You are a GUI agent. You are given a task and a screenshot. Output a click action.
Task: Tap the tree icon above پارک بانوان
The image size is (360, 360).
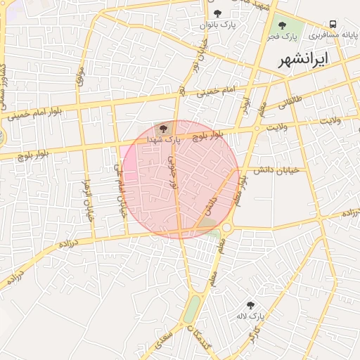pos(217,13)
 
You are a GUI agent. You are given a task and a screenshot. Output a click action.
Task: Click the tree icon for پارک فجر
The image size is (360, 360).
pos(282,25)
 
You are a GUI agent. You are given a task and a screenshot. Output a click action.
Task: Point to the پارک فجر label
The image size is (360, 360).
pos(282,37)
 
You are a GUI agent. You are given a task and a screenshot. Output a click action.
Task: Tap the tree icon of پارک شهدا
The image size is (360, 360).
pos(163,129)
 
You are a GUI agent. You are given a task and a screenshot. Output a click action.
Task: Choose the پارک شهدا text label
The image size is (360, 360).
pos(164,140)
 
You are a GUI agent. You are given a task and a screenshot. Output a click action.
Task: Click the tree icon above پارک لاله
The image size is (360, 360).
pos(250,304)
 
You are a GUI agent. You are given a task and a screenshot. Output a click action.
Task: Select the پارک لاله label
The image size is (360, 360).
pos(250,316)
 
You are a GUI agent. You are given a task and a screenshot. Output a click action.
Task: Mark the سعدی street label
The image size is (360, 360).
pos(164,341)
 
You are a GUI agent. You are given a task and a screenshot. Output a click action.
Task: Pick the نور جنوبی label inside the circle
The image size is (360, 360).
pos(172,176)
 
